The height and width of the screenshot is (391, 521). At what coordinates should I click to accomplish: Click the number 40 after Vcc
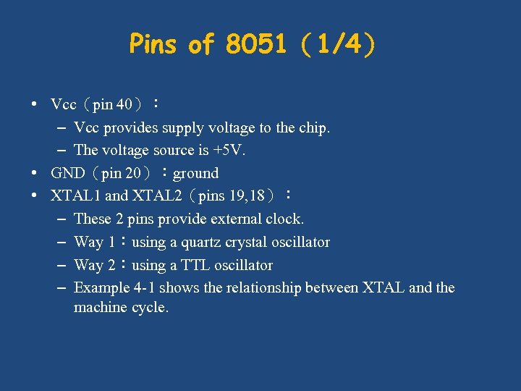click(x=124, y=104)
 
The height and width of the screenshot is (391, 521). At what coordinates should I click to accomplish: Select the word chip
click(x=314, y=127)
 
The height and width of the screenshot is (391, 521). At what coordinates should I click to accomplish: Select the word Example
click(x=102, y=287)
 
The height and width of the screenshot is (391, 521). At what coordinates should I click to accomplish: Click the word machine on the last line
click(x=101, y=307)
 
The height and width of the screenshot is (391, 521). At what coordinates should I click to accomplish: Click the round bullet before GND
click(x=35, y=174)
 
